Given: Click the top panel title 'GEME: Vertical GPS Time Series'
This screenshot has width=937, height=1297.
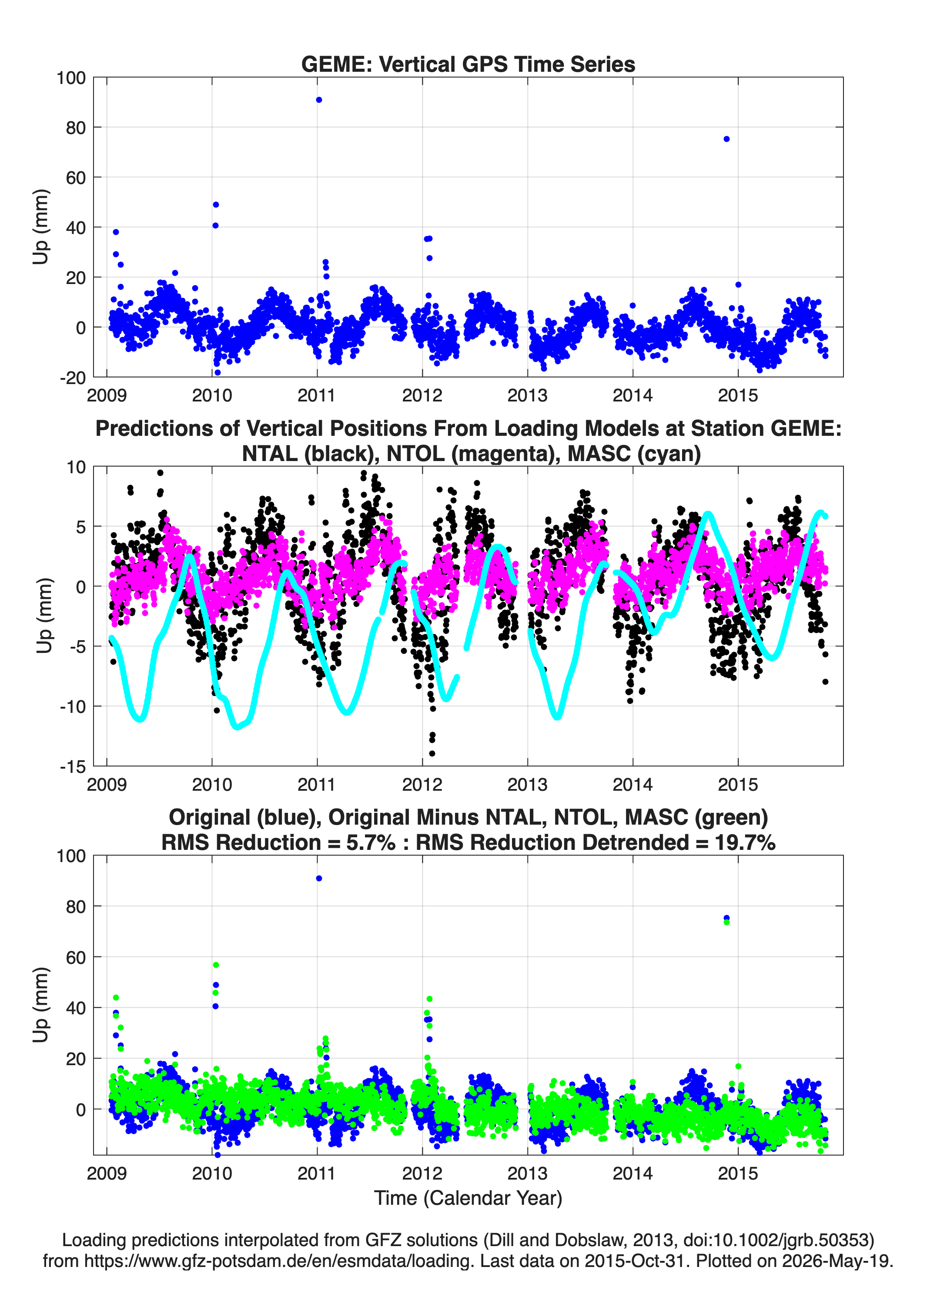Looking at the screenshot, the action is [x=468, y=64].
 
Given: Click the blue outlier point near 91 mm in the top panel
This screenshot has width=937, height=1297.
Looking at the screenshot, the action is [x=318, y=100].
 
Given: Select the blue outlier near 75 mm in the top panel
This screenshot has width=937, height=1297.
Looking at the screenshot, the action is [x=726, y=139].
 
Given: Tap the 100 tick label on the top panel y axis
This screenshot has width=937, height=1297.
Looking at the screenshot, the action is [x=71, y=78].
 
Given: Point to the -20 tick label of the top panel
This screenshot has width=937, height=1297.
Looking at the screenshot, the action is [x=73, y=378].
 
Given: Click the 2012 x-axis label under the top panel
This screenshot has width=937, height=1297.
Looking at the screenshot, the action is [x=422, y=395].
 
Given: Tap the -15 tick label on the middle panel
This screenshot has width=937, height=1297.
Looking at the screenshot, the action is [x=73, y=767].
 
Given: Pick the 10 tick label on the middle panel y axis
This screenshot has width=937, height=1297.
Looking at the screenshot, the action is [x=76, y=467].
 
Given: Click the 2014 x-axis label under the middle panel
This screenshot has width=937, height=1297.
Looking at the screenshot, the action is [x=632, y=785].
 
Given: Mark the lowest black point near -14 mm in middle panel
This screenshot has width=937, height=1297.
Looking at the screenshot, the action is [x=432, y=754].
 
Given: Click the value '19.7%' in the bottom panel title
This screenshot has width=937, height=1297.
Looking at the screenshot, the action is [x=745, y=843].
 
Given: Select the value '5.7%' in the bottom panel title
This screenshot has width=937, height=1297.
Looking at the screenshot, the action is [x=371, y=843].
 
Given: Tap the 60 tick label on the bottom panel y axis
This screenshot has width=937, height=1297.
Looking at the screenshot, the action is [x=76, y=957].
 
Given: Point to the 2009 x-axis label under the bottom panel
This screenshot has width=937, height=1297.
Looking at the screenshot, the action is [x=107, y=1173].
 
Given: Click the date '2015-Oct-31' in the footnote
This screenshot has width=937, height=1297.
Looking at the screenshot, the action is [x=634, y=1261].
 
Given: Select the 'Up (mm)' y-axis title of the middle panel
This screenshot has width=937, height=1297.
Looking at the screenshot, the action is [x=44, y=616].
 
